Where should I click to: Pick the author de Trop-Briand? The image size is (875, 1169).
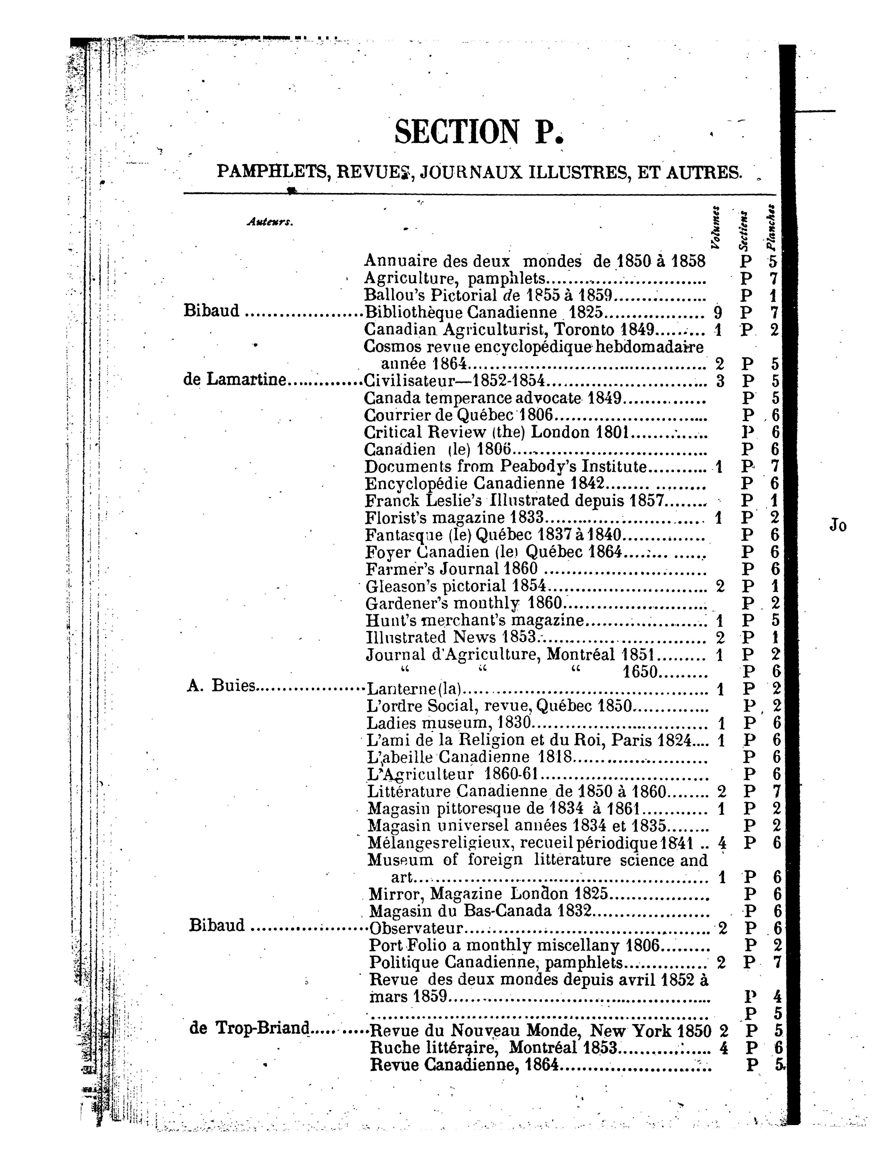[248, 1028]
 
